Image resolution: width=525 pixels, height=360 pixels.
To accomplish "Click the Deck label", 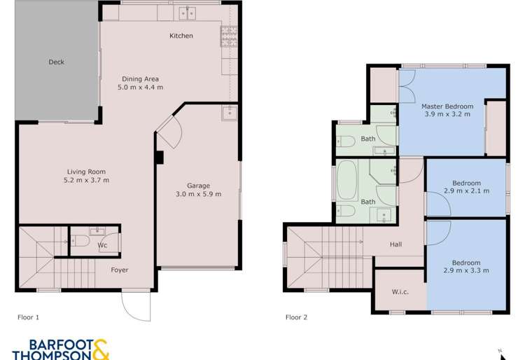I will click(57, 62).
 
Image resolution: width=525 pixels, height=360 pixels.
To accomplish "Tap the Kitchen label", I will click(181, 36).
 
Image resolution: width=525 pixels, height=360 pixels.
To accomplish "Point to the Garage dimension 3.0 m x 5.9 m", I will click(198, 194).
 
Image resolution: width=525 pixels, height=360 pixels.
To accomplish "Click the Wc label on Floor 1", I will click(102, 246).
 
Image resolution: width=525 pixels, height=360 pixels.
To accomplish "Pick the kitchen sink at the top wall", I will click(187, 13).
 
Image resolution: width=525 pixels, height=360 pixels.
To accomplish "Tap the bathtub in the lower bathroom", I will click(348, 180).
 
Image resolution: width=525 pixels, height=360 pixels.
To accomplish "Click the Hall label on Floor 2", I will click(396, 244).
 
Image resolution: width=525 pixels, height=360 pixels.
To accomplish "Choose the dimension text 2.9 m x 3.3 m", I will click(466, 270).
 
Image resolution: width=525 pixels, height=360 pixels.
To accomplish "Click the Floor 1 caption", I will click(28, 317).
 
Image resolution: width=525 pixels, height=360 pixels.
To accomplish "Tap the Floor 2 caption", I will click(297, 317).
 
